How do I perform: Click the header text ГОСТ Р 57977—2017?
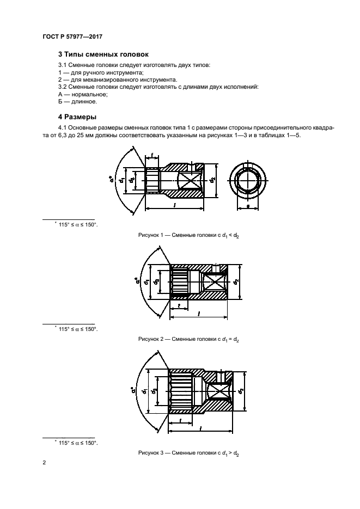click(72, 36)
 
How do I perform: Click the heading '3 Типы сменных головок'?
click(103, 54)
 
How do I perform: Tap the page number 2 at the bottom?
click(44, 463)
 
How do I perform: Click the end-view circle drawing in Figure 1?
click(249, 184)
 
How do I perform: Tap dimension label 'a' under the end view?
click(249, 207)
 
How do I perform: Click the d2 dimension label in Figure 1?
click(213, 181)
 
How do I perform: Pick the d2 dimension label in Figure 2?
click(235, 281)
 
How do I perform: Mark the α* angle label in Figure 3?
click(133, 390)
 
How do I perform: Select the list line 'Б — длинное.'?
click(77, 101)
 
